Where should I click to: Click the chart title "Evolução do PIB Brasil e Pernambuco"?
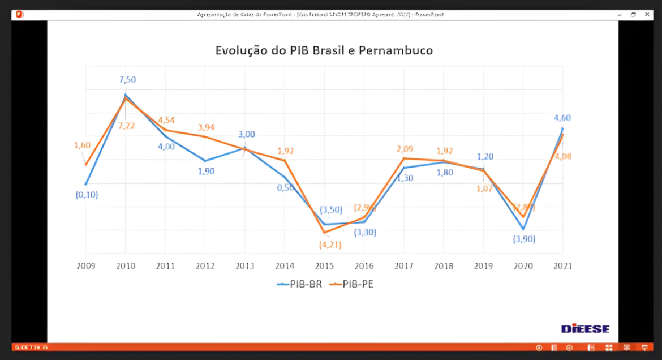(x=324, y=50)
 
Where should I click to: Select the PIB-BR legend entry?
(x=300, y=284)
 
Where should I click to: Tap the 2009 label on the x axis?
(x=85, y=265)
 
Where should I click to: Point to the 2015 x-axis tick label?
(x=324, y=265)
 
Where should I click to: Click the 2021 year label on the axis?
(x=562, y=265)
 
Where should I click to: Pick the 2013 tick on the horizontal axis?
(x=244, y=265)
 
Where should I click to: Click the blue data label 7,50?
(x=127, y=80)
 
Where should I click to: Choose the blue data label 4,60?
(x=562, y=118)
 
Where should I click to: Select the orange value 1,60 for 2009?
(x=82, y=145)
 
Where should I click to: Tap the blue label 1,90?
(x=206, y=171)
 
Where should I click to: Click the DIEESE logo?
(x=585, y=329)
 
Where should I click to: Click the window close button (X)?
(x=648, y=14)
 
